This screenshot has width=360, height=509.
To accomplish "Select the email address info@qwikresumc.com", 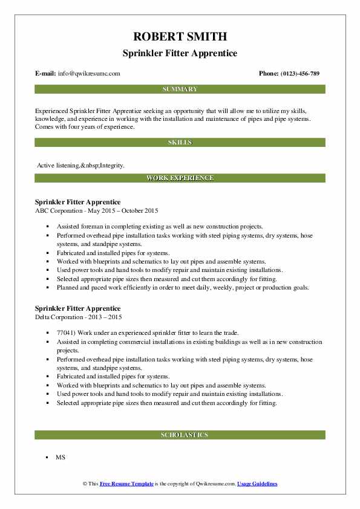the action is (90, 73).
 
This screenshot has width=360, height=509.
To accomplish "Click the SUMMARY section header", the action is (180, 89).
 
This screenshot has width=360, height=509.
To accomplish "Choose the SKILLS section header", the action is (180, 143).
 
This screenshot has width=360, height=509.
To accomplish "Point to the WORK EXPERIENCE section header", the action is (180, 178).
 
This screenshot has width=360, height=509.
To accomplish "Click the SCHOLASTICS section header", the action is (180, 435).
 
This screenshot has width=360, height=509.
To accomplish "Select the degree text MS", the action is (61, 458).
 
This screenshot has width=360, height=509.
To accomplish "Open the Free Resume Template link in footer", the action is (127, 484).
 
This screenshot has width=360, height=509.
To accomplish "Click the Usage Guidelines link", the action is (257, 484).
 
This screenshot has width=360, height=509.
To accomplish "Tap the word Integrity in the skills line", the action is (113, 165).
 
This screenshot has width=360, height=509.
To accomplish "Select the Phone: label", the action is (269, 73).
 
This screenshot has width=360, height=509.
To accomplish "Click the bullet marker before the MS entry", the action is (47, 458).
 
